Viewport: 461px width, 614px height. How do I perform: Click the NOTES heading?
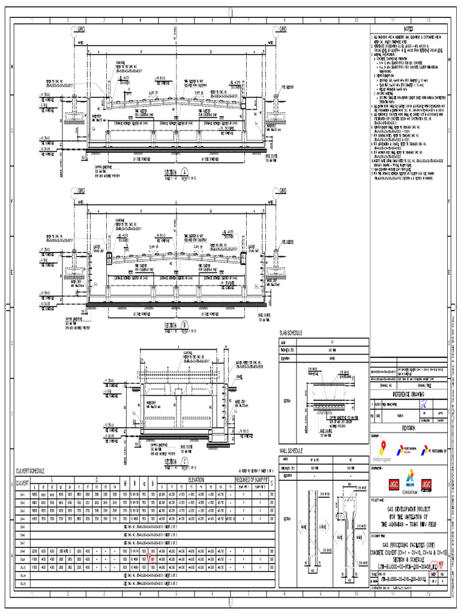[408, 29]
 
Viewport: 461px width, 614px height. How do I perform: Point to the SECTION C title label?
[172, 462]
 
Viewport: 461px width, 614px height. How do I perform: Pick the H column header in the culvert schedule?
[125, 483]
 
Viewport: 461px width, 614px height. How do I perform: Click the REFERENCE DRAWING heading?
[408, 396]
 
